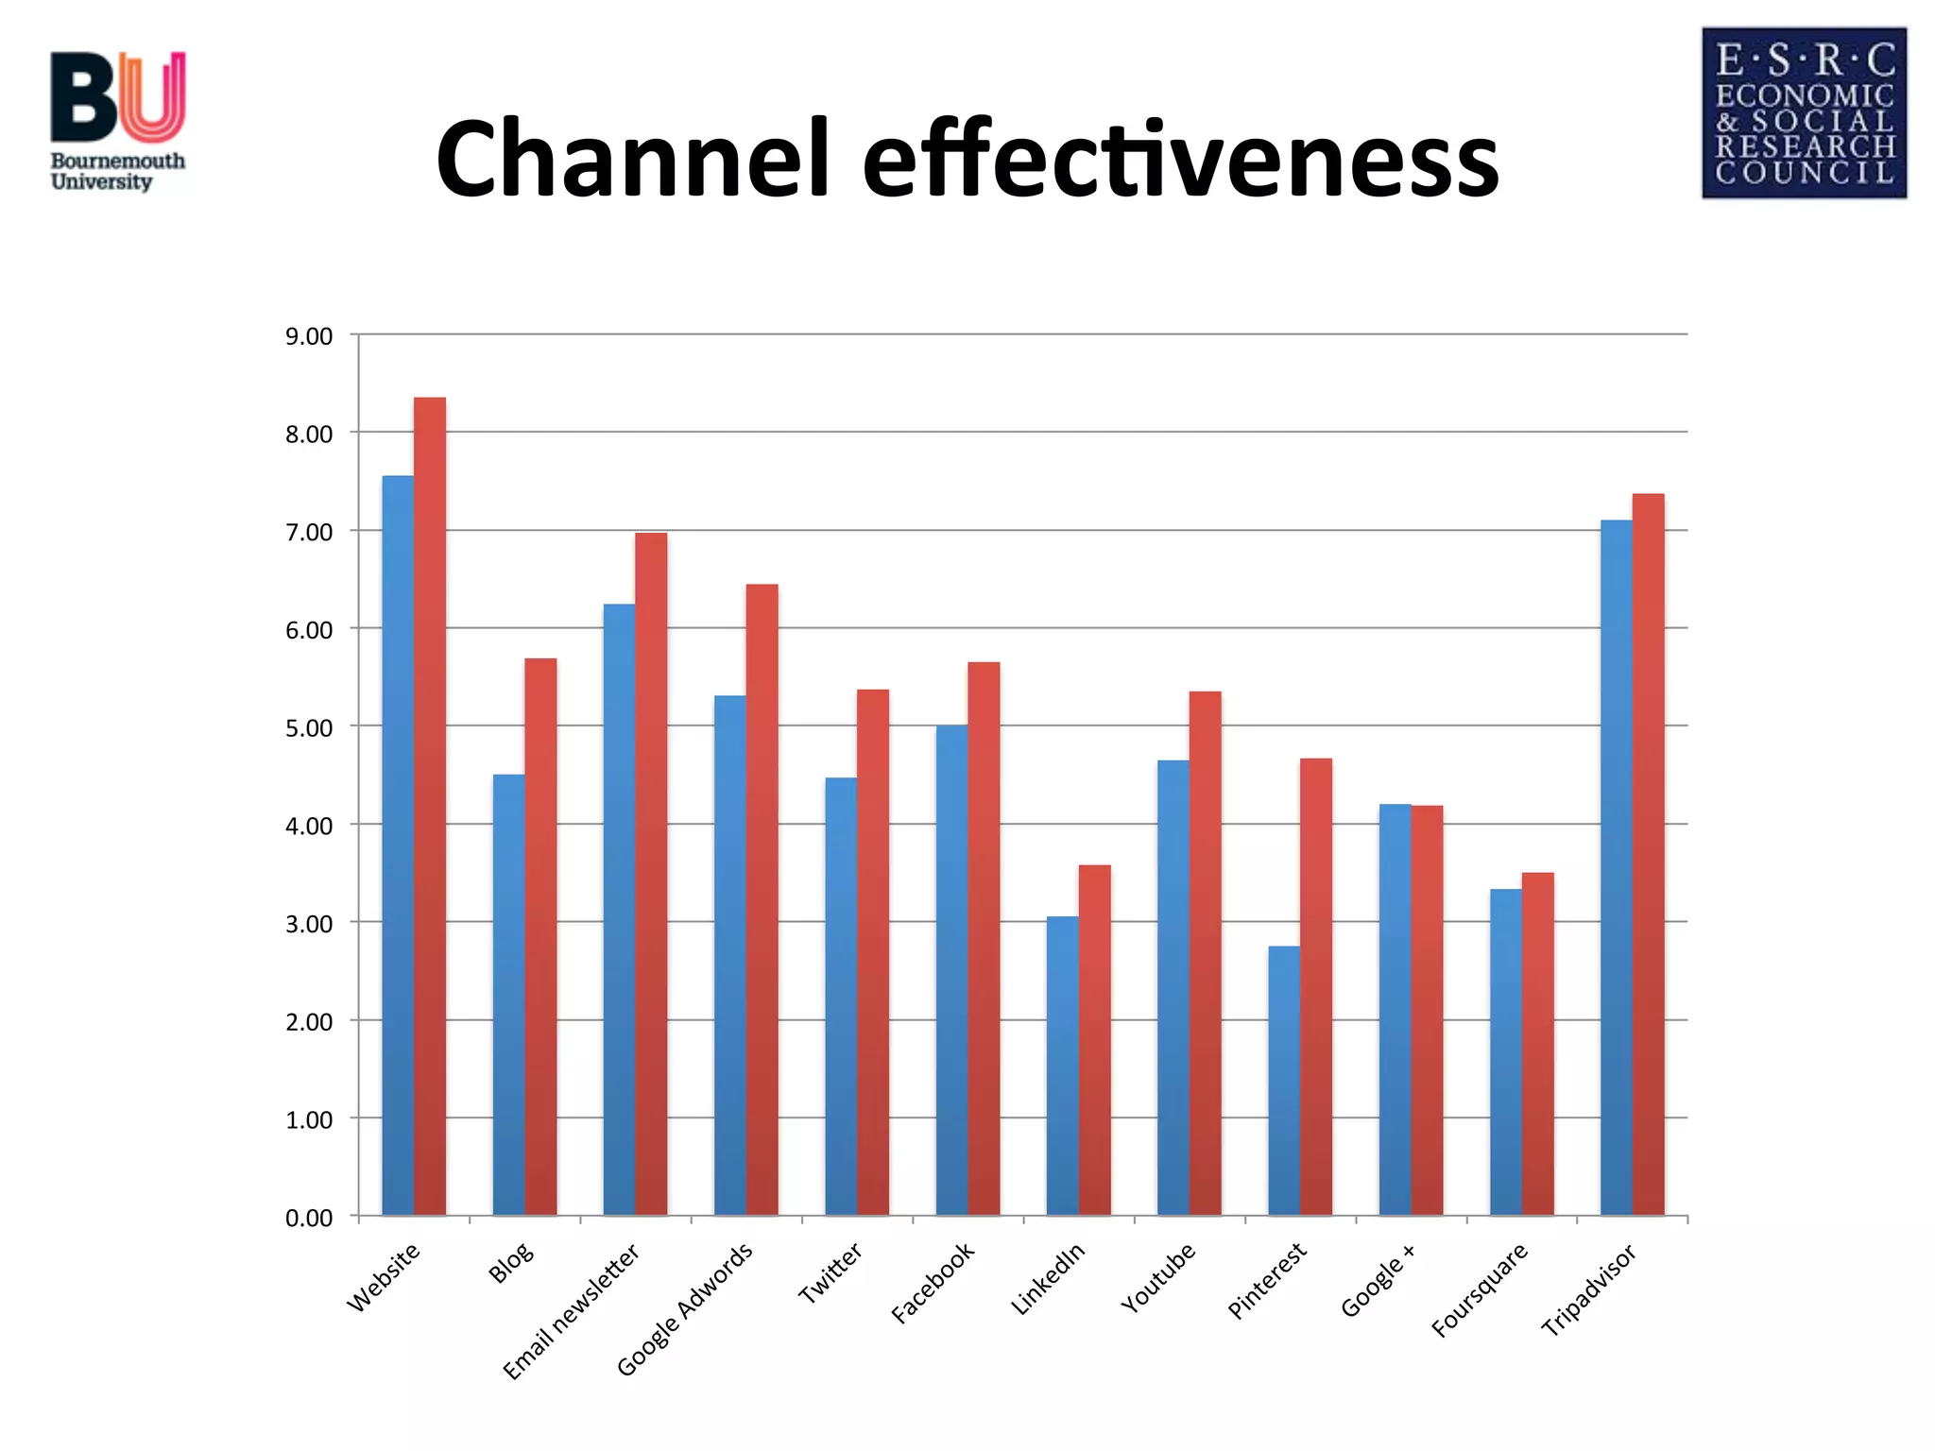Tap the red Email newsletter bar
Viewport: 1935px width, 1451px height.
(x=651, y=874)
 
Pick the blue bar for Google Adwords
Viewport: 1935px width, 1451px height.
(x=730, y=955)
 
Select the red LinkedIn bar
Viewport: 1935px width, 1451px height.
(x=1095, y=1039)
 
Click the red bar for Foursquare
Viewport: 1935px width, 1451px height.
(x=1537, y=1043)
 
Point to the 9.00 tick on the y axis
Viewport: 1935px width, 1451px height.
(x=309, y=336)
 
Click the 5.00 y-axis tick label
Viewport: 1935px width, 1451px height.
(x=309, y=728)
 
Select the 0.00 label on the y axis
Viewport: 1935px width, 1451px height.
(x=309, y=1218)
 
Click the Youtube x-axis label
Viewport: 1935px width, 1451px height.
(x=1158, y=1278)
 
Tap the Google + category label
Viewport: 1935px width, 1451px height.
(x=1378, y=1281)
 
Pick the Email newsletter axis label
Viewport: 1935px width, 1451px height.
(x=572, y=1311)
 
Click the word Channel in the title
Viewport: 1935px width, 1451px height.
(x=631, y=159)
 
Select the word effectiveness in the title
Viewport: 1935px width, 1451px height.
(x=1180, y=159)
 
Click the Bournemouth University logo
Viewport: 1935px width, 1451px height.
(x=118, y=121)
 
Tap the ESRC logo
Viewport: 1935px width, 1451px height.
(x=1804, y=112)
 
